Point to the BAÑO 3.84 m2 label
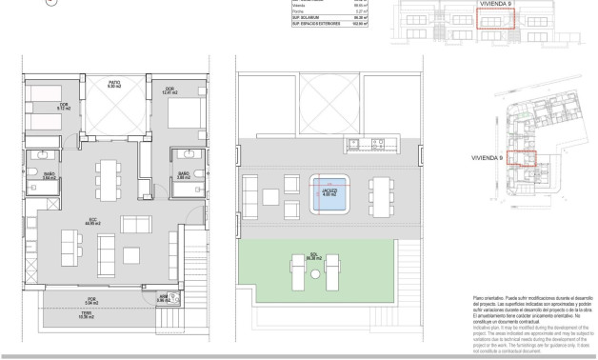[49, 174]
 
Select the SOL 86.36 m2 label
[311, 256]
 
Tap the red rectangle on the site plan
[521, 159]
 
